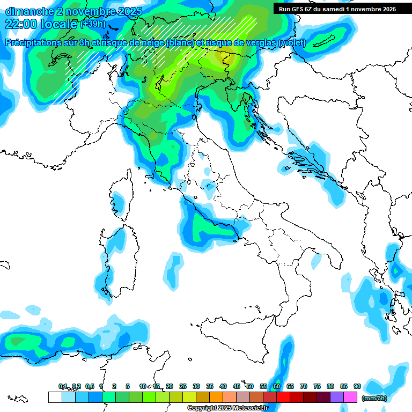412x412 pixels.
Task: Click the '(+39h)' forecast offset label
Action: point(92,24)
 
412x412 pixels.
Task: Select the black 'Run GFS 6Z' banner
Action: point(337,9)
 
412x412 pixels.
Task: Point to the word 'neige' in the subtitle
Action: point(151,42)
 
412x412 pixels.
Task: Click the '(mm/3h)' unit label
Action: point(374,398)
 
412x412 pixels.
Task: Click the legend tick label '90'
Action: point(357,386)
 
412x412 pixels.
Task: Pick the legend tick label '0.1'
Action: point(63,386)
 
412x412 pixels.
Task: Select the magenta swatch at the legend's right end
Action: point(350,397)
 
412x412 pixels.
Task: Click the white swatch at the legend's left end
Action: point(55,397)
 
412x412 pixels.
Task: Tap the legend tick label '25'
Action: point(183,386)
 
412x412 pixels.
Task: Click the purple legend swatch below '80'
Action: point(337,397)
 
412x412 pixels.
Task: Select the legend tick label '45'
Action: point(237,386)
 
